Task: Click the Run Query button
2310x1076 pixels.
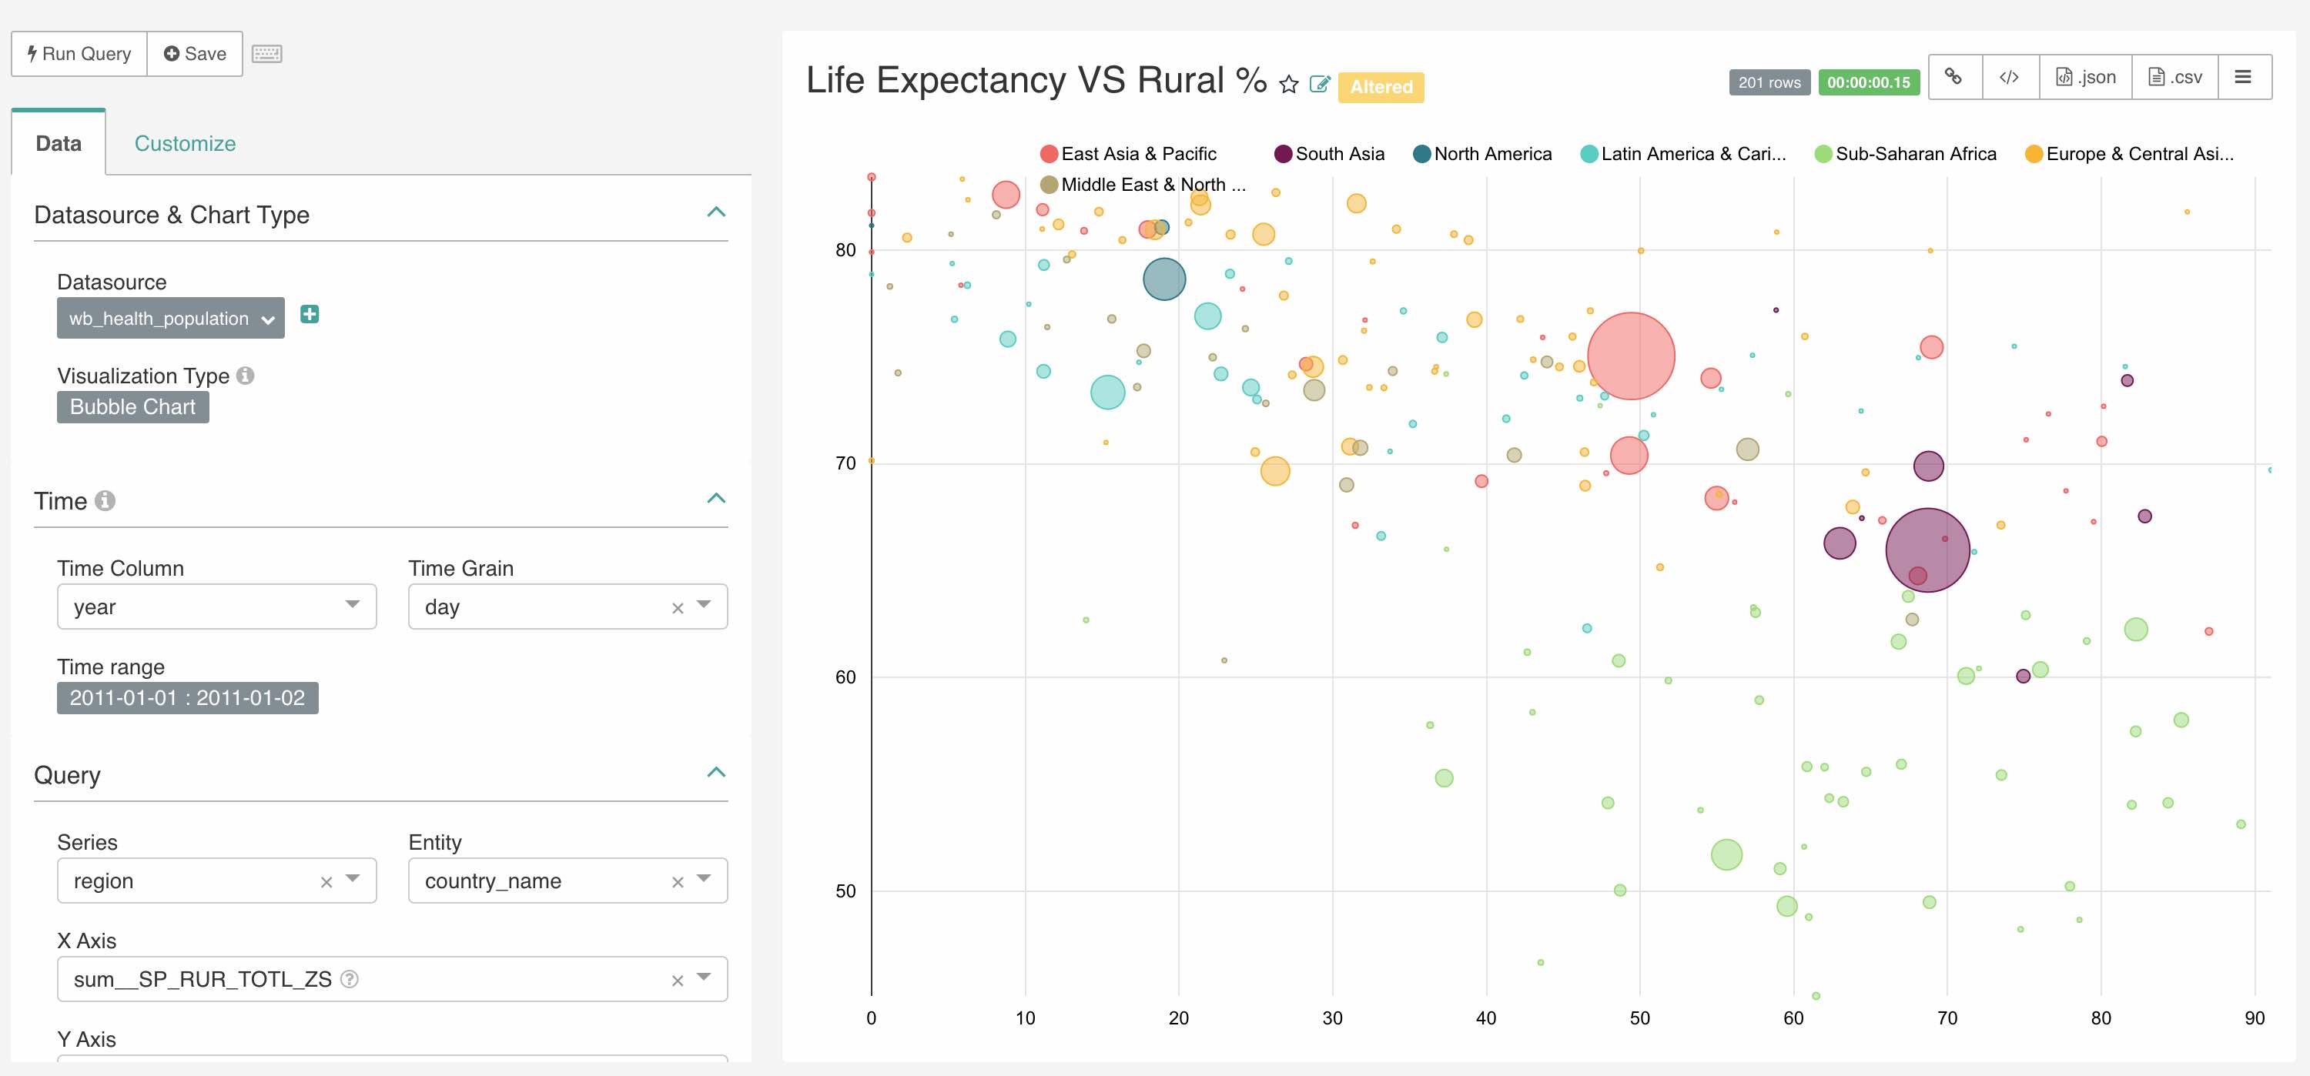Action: (79, 54)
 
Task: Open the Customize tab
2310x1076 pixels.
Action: (185, 143)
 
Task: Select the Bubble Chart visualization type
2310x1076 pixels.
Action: (132, 407)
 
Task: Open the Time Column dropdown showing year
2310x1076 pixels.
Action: (216, 607)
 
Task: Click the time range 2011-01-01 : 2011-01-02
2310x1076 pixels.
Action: (187, 697)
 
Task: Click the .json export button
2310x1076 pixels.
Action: (2086, 77)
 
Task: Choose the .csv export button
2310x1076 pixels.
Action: (2174, 77)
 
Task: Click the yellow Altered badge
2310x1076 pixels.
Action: (1381, 87)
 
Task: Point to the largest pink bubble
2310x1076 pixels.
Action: (1630, 356)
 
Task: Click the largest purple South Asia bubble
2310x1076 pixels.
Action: (1927, 550)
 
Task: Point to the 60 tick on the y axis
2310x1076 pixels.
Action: (845, 677)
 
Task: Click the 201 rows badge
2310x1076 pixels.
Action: (1769, 82)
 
